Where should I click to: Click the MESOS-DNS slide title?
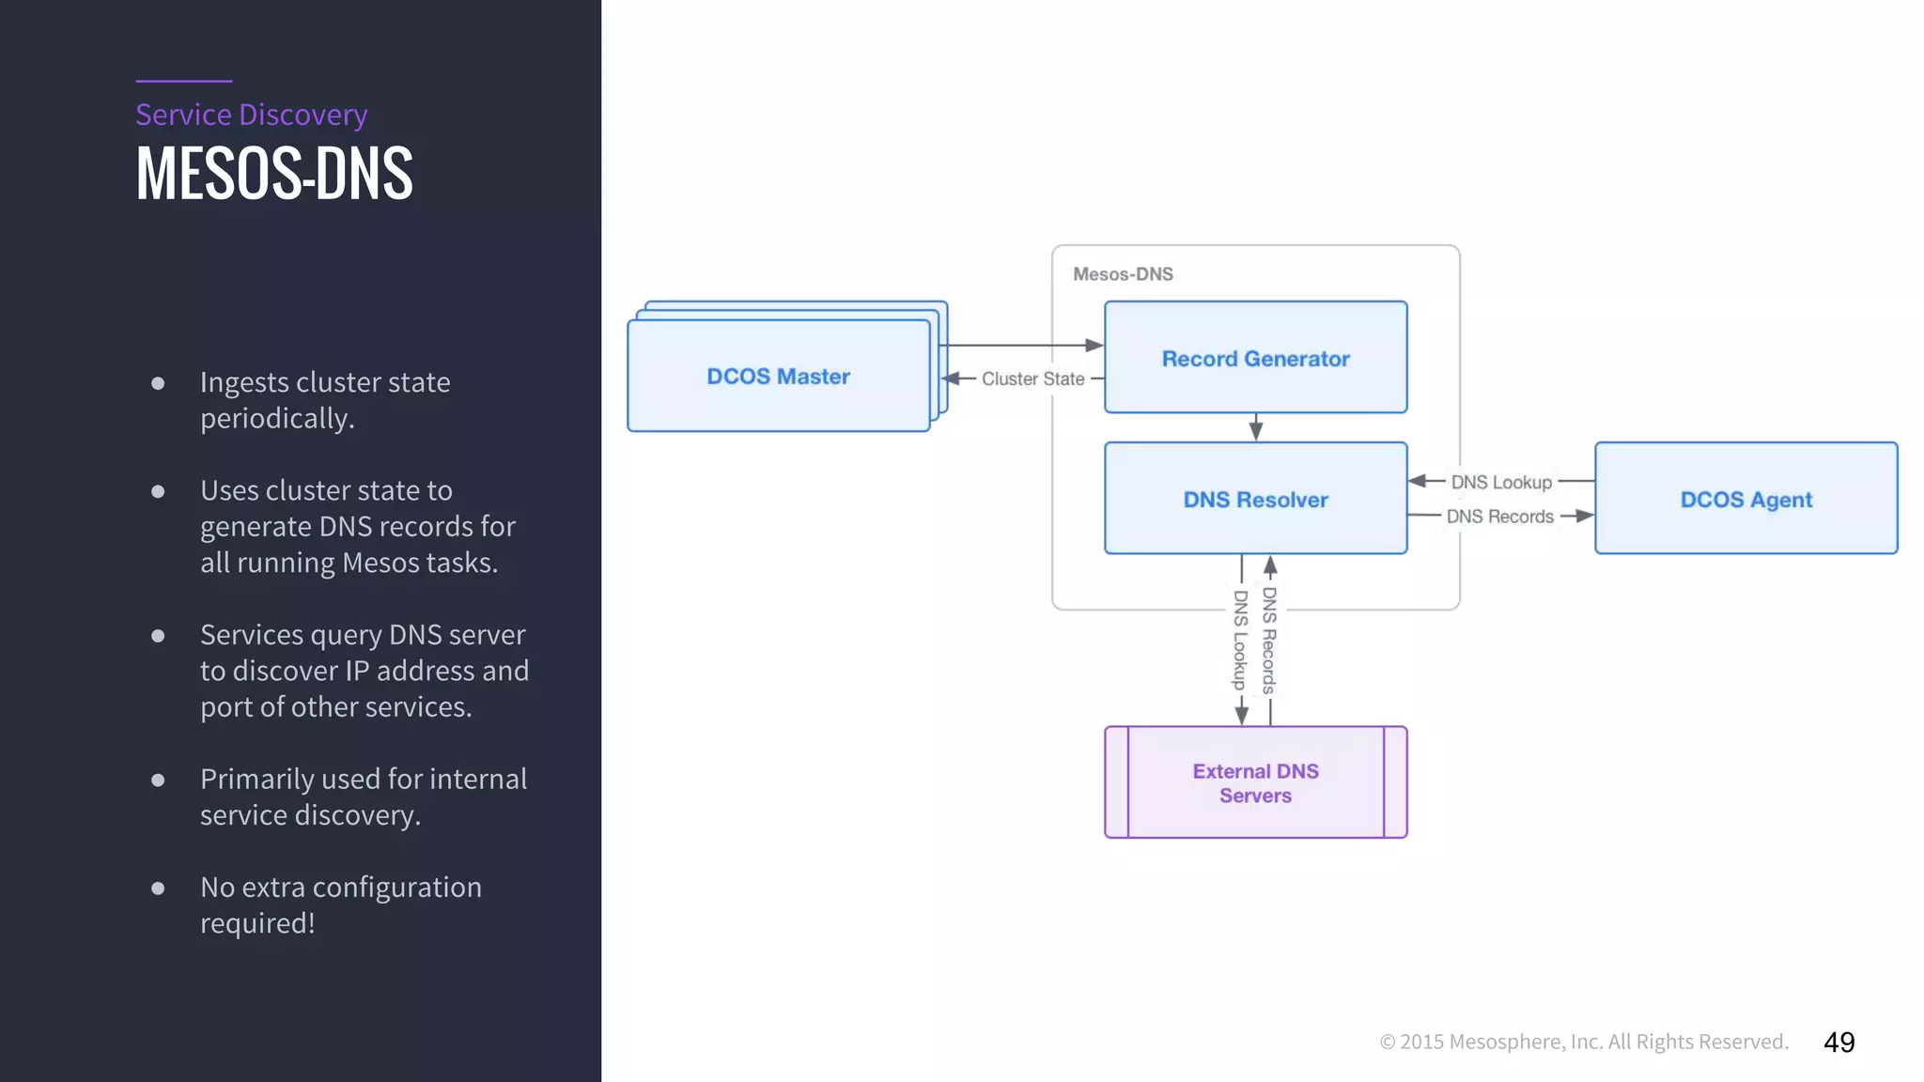coord(273,174)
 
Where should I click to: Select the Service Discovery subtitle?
coord(251,115)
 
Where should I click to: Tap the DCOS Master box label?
coord(778,377)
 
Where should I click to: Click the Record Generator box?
coord(1255,358)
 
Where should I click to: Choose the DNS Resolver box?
coord(1255,499)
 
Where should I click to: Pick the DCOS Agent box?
coord(1746,499)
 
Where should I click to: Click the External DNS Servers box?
coord(1255,782)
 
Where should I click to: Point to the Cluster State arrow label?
coord(1032,379)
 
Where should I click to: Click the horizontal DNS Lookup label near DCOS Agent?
coord(1501,482)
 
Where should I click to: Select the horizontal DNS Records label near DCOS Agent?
coord(1499,517)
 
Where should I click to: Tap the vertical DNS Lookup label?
coord(1240,640)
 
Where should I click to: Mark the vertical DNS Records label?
coord(1269,640)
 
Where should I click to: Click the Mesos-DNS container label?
coord(1123,274)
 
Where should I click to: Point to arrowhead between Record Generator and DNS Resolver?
coord(1256,430)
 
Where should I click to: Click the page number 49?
coord(1839,1042)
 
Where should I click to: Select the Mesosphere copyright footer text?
coord(1583,1042)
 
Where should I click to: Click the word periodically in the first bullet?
coord(276,418)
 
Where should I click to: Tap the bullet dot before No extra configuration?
coord(158,888)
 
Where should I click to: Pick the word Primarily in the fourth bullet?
coord(256,779)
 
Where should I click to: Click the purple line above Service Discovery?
coord(183,81)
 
